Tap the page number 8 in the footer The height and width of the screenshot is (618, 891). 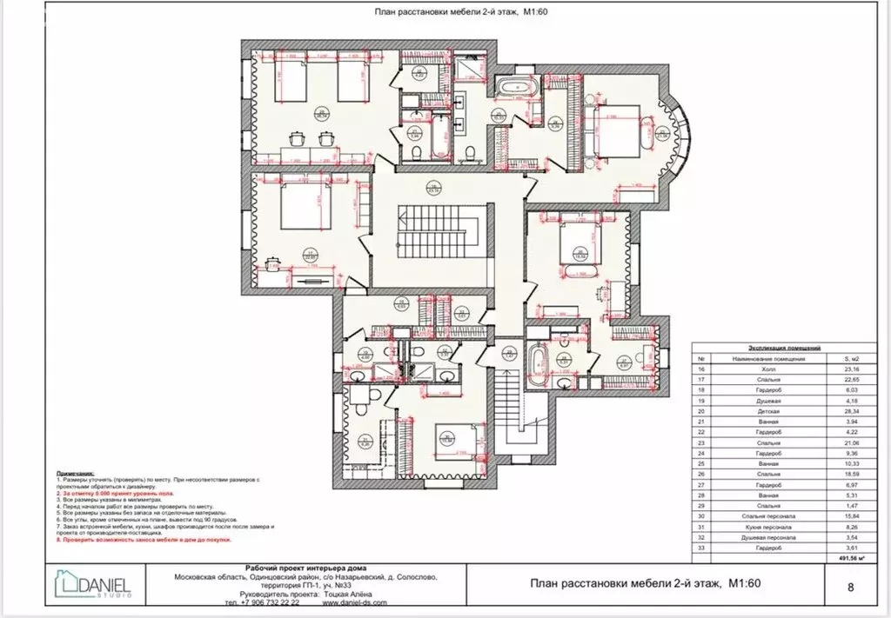[849, 586]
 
